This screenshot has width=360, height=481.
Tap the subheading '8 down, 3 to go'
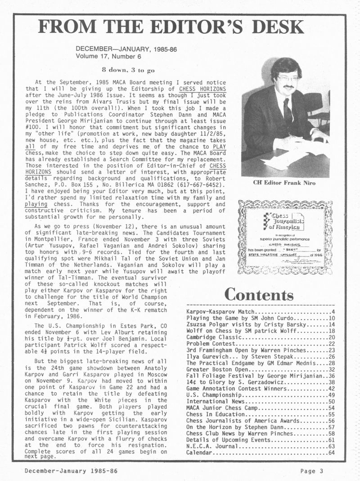(x=128, y=70)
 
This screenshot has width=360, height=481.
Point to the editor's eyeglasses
(x=288, y=78)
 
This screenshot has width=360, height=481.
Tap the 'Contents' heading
(x=259, y=295)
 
